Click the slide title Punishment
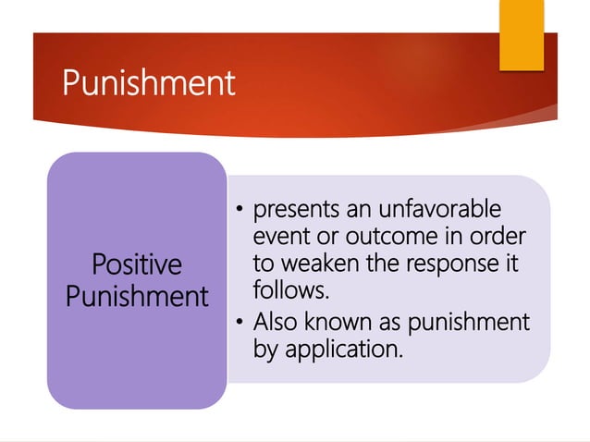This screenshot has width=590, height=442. [149, 84]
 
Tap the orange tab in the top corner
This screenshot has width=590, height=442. [522, 36]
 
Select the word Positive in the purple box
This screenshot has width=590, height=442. [137, 265]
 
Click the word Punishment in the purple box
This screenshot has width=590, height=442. [137, 297]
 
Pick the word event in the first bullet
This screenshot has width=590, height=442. [277, 236]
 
